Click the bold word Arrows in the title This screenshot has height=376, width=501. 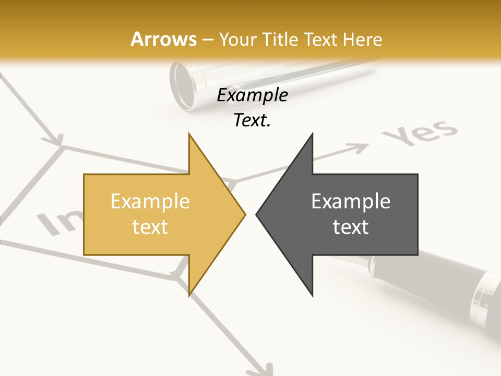[163, 39]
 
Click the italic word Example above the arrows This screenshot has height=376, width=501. [252, 96]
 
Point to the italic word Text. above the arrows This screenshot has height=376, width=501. [252, 121]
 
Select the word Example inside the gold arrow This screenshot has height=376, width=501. [150, 202]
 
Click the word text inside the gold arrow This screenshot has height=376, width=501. [150, 227]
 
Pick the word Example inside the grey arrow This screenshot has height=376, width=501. [351, 202]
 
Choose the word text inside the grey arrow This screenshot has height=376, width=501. [351, 227]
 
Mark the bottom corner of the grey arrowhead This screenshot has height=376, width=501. [312, 295]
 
